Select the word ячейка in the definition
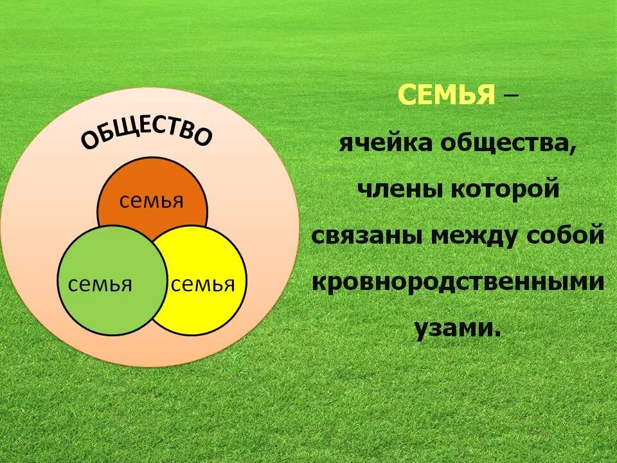[x=386, y=143]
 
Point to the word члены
[x=393, y=190]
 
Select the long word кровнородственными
[x=458, y=283]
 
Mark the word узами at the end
[x=457, y=329]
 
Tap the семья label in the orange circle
[x=152, y=201]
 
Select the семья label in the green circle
[x=100, y=284]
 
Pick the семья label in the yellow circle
[x=203, y=284]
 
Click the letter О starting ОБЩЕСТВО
[x=89, y=141]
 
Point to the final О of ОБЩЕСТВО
[x=203, y=138]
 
